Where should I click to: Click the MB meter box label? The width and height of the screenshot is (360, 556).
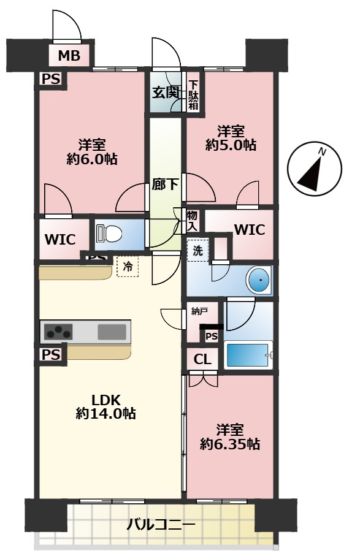coord(69,56)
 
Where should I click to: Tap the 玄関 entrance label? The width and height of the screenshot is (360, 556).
coord(165,93)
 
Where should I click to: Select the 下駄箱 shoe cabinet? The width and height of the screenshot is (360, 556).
coord(193,95)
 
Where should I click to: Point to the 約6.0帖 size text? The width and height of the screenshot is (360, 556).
coord(92,159)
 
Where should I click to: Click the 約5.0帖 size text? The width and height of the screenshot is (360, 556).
coord(231,145)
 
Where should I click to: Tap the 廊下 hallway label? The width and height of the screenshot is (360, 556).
coord(165,185)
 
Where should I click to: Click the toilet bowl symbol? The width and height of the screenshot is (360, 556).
coord(109,234)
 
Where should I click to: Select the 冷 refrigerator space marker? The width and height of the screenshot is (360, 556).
coord(128,266)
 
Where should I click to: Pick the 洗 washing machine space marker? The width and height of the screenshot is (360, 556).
coord(197,250)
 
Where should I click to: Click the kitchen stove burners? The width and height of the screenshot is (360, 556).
coord(58,332)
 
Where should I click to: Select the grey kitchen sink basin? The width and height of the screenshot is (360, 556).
coord(112,332)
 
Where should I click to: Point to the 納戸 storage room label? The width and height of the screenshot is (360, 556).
coord(199,311)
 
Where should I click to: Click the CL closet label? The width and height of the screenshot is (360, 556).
coord(202,360)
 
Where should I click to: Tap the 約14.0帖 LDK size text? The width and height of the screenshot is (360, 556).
coord(105,413)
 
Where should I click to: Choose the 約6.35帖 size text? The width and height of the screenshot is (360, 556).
coord(230,444)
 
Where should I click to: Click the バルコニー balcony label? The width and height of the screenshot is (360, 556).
coord(161,524)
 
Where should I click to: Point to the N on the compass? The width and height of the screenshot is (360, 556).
coord(323,152)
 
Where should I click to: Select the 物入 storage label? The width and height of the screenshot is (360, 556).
coord(192,221)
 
